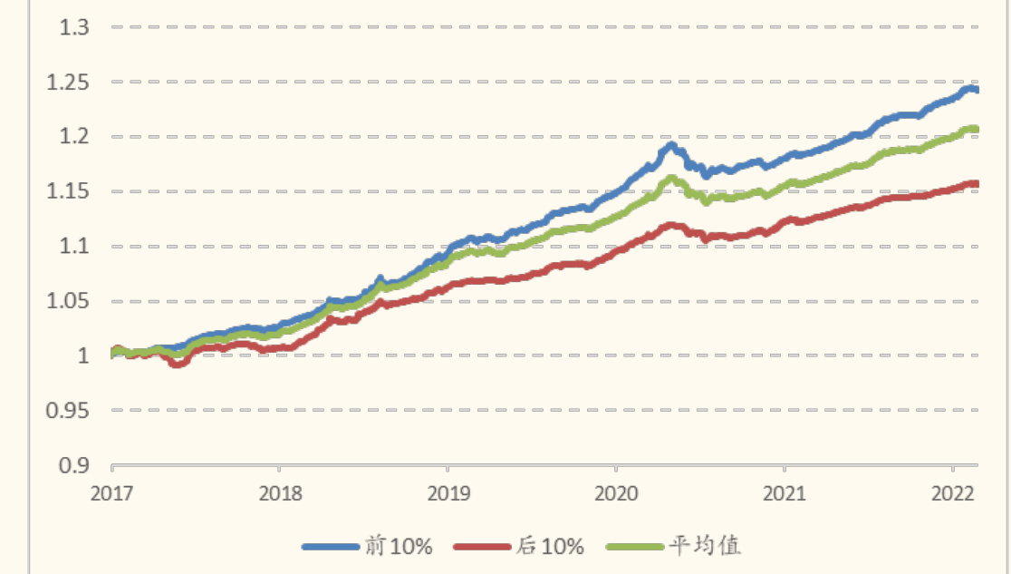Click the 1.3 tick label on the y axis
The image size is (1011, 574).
point(74,27)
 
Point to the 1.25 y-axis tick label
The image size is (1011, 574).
point(69,83)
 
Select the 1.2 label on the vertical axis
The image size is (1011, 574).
point(74,137)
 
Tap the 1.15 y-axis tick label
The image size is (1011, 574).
point(69,191)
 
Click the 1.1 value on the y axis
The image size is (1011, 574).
point(74,246)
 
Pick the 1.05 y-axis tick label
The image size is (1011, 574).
point(69,301)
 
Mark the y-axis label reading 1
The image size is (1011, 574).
point(82,355)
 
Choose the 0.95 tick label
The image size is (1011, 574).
point(69,410)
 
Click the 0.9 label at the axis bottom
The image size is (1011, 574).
point(74,465)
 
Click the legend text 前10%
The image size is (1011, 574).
point(399,546)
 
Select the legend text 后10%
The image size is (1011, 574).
point(550,546)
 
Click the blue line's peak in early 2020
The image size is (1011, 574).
point(671,145)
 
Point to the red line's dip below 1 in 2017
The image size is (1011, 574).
point(178,364)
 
